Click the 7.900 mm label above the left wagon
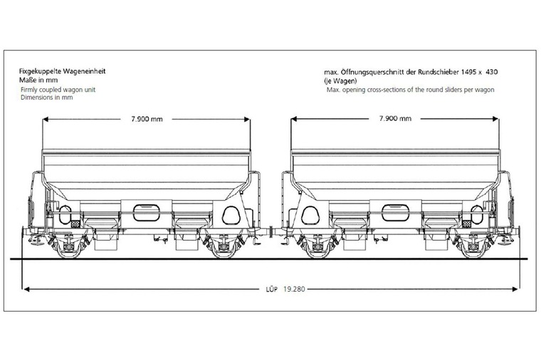click(x=147, y=119)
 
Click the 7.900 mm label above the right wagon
click(x=395, y=119)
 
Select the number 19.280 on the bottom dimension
click(x=294, y=289)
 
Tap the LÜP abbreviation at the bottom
click(x=271, y=290)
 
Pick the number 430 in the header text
click(x=492, y=72)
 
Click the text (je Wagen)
click(x=340, y=81)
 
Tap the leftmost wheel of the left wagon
click(x=69, y=248)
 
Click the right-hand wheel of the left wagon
click(x=224, y=248)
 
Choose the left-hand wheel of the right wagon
click(x=317, y=248)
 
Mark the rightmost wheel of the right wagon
click(x=473, y=248)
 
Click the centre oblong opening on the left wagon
click(x=147, y=213)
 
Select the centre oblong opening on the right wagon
click(x=395, y=213)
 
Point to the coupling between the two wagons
click(x=271, y=231)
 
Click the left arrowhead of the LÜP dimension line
click(x=26, y=289)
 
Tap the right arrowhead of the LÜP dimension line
click(x=515, y=289)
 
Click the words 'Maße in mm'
click(x=38, y=80)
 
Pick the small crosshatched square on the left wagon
click(x=75, y=224)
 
